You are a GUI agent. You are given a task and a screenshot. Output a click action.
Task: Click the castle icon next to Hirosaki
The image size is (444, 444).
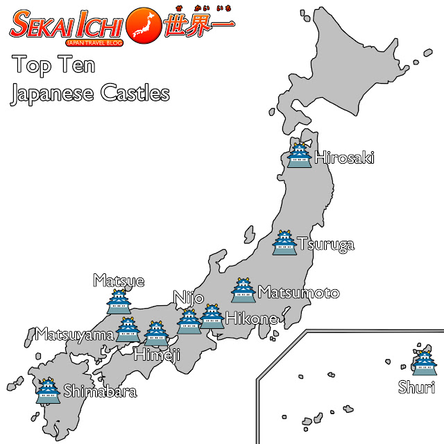tap(300, 154)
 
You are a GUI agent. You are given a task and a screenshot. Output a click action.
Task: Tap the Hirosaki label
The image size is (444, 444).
tap(344, 158)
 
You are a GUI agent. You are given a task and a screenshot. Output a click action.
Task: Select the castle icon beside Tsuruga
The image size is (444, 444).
tap(283, 242)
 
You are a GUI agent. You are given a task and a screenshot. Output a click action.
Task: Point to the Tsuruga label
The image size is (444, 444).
tap(325, 244)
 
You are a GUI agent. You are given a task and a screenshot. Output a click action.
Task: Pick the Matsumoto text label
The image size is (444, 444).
tap(298, 292)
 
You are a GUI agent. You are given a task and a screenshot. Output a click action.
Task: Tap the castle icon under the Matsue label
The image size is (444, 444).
tap(118, 302)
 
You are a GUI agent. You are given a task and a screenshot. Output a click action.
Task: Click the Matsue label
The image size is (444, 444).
tap(119, 281)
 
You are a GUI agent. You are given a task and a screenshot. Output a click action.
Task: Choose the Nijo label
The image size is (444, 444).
tap(189, 298)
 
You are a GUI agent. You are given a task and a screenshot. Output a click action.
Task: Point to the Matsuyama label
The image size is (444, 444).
tap(75, 335)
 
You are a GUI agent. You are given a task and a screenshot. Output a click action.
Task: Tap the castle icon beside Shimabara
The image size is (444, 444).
tap(48, 391)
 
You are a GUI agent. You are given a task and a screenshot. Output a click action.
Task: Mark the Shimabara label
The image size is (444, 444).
tap(100, 392)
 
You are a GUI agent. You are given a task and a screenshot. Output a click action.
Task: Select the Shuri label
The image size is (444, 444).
tap(416, 387)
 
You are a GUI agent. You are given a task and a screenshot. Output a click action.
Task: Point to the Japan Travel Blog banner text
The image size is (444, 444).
tap(95, 42)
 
